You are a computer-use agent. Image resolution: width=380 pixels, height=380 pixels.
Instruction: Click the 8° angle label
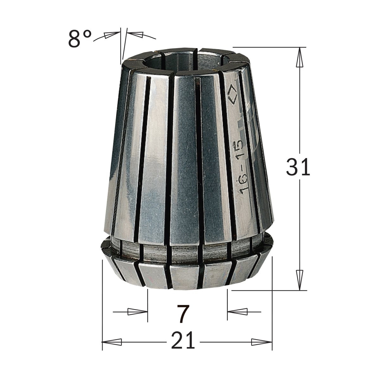coord(80,39)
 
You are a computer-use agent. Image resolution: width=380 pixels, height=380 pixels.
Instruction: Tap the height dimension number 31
coord(298,167)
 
